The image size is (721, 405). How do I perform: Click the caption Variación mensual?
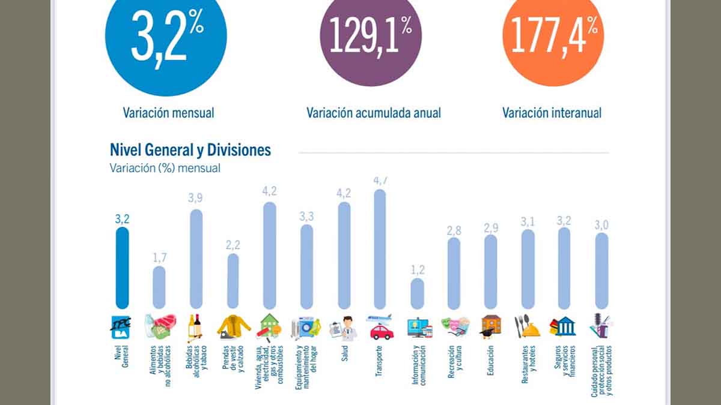point(168,112)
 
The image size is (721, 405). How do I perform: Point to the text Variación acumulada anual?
point(373,113)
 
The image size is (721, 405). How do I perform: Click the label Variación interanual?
point(552,113)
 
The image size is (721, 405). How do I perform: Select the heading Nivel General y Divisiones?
point(190,149)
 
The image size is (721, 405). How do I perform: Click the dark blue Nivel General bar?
point(122,268)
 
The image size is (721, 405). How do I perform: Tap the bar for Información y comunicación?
point(417,293)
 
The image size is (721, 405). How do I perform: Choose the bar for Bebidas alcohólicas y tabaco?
point(196,259)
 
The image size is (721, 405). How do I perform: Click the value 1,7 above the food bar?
point(159,257)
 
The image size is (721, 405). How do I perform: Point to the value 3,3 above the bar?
point(306,215)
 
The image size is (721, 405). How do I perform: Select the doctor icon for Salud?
point(344,327)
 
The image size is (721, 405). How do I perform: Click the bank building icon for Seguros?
point(564,326)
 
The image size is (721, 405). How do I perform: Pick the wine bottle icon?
point(195,326)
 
